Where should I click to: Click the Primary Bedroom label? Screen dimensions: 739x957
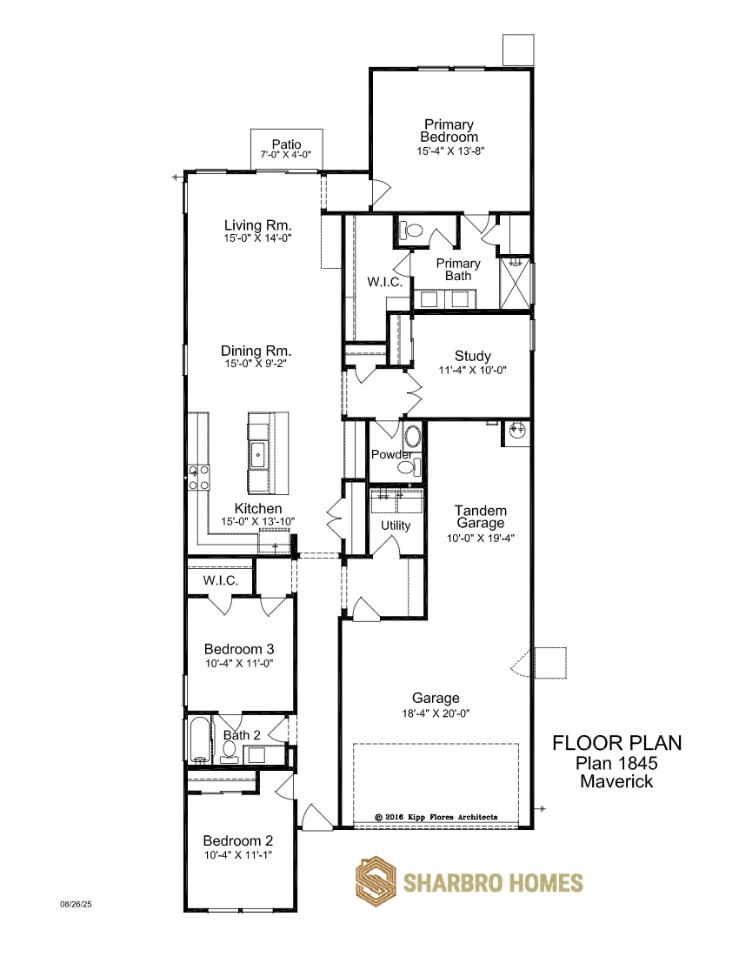[449, 130]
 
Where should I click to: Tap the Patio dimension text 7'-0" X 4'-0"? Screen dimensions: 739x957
[286, 155]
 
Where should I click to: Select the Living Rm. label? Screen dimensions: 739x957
[258, 225]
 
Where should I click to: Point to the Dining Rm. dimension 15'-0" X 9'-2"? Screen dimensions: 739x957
[256, 364]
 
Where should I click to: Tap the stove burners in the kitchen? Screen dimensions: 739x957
[199, 478]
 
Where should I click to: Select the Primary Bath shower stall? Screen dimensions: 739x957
[516, 284]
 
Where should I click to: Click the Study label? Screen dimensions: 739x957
[473, 356]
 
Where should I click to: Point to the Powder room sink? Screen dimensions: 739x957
[413, 437]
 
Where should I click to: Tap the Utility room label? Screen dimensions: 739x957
[396, 525]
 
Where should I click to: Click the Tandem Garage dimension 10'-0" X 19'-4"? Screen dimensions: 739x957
[481, 539]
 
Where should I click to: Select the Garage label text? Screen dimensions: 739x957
[436, 699]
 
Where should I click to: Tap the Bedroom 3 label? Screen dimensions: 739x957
[239, 649]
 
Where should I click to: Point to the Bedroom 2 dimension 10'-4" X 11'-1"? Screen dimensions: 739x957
[238, 855]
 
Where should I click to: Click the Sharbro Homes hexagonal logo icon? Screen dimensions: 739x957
[376, 882]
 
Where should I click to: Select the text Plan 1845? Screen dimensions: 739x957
[616, 763]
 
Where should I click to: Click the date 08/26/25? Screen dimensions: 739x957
[76, 905]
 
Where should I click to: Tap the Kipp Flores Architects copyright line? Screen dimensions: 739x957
[436, 817]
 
